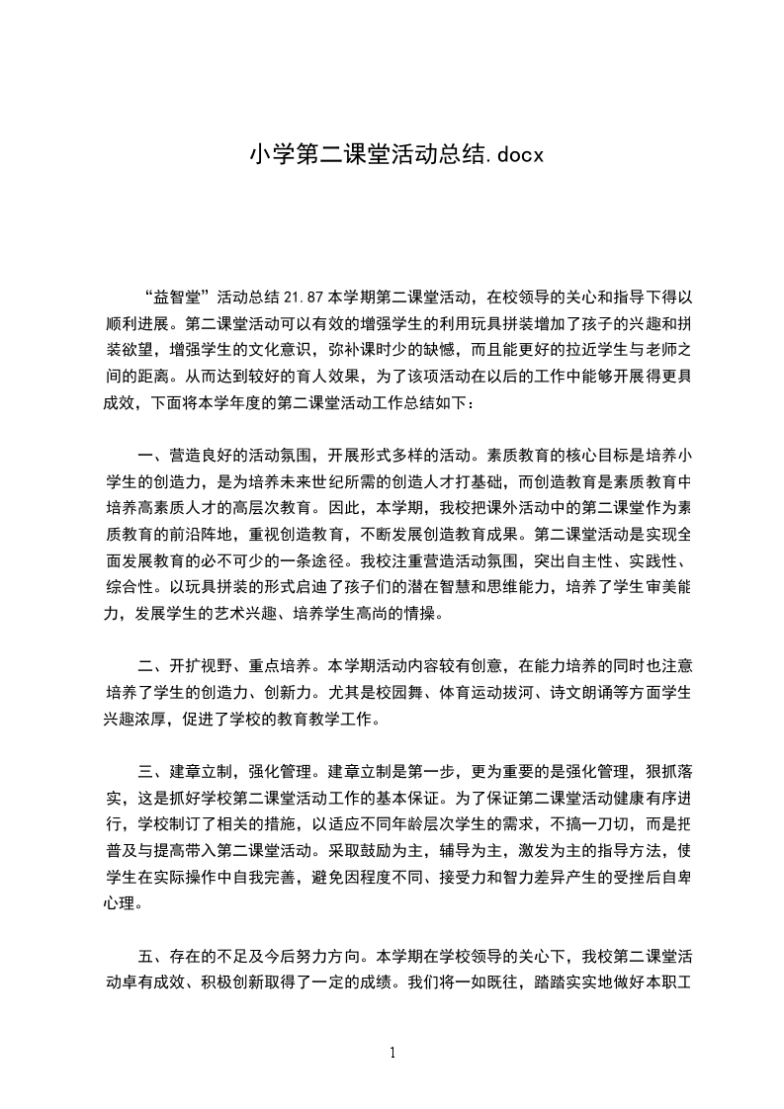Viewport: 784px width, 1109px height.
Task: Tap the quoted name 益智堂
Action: point(178,296)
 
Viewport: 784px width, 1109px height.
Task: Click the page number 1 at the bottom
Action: point(392,1053)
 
